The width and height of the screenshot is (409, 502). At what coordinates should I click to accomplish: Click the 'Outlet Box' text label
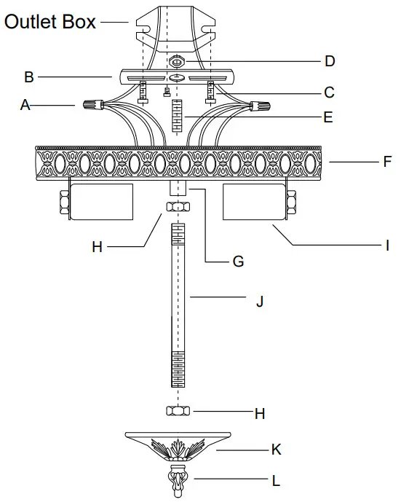pos(49,22)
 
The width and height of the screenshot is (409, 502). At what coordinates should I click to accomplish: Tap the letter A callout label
pos(25,106)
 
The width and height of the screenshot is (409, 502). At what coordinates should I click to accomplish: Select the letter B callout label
pos(30,75)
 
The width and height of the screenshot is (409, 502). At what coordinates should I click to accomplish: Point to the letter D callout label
pos(330,61)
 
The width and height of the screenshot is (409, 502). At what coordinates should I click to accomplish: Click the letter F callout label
pos(387,161)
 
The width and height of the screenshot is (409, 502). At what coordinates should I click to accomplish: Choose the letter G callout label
pos(237,261)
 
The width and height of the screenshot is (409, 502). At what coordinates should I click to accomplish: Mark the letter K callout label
pos(276,450)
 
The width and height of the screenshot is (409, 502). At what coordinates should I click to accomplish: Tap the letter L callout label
pos(276,481)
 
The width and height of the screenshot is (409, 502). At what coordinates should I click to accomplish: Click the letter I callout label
pos(387,246)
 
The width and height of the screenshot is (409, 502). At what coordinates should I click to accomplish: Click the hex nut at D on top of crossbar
pos(177,60)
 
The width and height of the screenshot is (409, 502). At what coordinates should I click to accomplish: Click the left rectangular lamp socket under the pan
pos(100,200)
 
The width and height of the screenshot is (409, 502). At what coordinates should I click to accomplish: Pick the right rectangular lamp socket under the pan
pos(253,200)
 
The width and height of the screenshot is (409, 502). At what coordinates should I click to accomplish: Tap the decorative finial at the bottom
pos(177,480)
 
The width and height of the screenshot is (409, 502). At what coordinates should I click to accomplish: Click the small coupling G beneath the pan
pos(177,188)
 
